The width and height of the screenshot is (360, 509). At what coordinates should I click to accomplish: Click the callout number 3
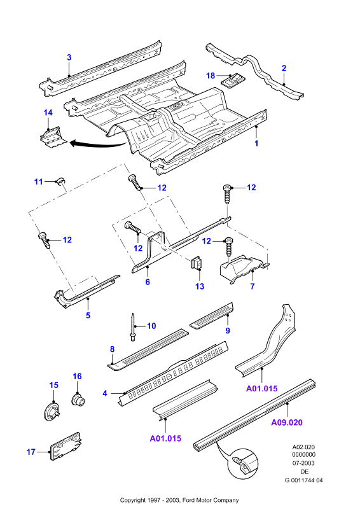tap(69, 57)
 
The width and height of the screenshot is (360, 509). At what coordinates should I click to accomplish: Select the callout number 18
tap(211, 76)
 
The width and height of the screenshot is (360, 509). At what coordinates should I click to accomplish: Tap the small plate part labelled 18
tap(233, 80)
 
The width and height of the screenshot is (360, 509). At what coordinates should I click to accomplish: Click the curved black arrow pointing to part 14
tap(97, 145)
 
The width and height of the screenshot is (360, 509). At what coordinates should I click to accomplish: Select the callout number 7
tap(253, 286)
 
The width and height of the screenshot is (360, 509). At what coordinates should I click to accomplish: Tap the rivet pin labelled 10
tap(133, 327)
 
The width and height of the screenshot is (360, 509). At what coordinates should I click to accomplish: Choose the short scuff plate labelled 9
tap(211, 315)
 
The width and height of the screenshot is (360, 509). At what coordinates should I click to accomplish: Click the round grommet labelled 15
tap(52, 410)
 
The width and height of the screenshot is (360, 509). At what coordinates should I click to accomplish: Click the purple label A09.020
tap(287, 422)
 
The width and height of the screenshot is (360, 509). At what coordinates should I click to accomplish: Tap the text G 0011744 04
tap(303, 480)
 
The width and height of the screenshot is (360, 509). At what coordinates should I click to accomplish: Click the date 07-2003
tap(303, 463)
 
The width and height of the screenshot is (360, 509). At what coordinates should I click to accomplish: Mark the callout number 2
tap(284, 68)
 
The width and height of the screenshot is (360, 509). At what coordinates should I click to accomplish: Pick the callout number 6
tap(148, 282)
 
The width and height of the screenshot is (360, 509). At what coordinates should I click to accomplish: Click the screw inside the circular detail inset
tap(239, 461)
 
